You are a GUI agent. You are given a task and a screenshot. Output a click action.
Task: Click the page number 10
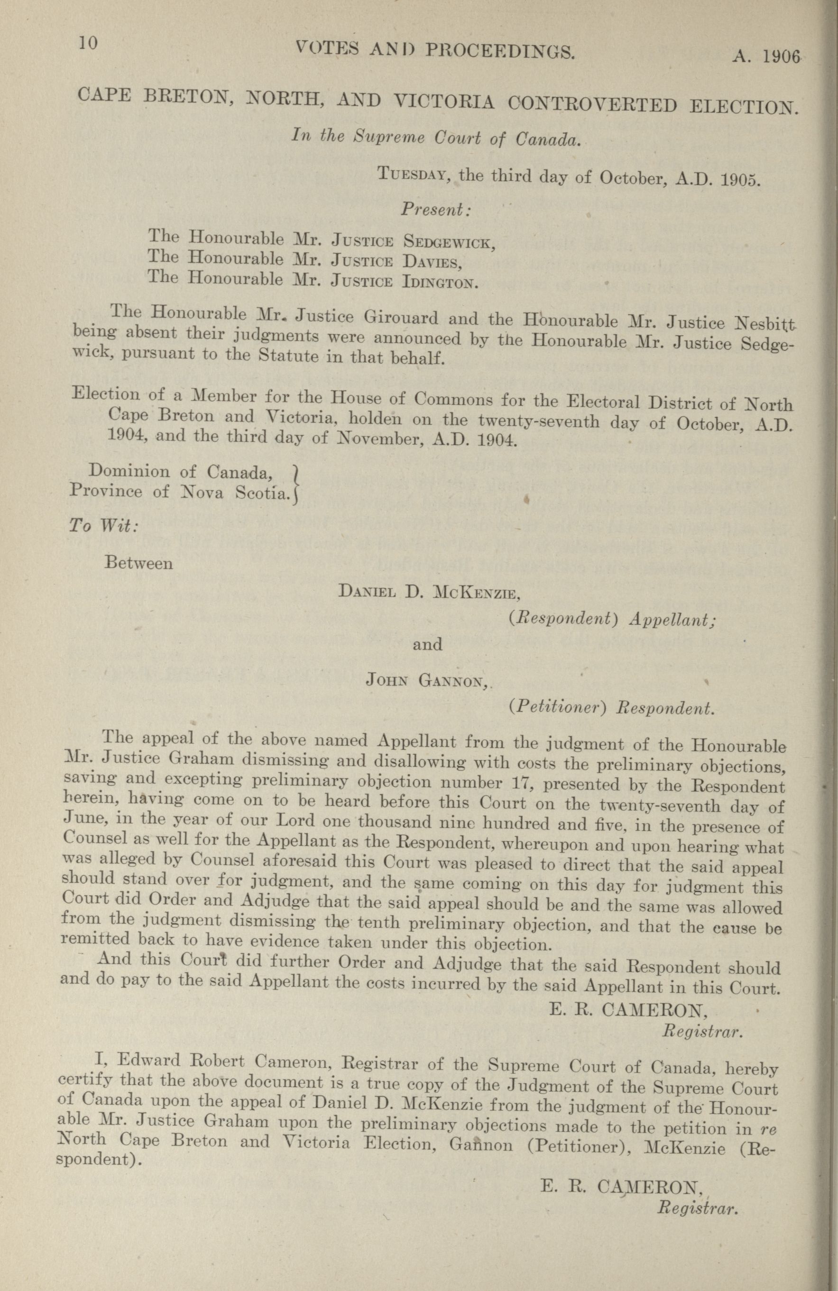click(x=87, y=44)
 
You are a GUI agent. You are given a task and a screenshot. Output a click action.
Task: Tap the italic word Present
click(x=435, y=210)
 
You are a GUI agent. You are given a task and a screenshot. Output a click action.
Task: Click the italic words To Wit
click(x=103, y=526)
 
